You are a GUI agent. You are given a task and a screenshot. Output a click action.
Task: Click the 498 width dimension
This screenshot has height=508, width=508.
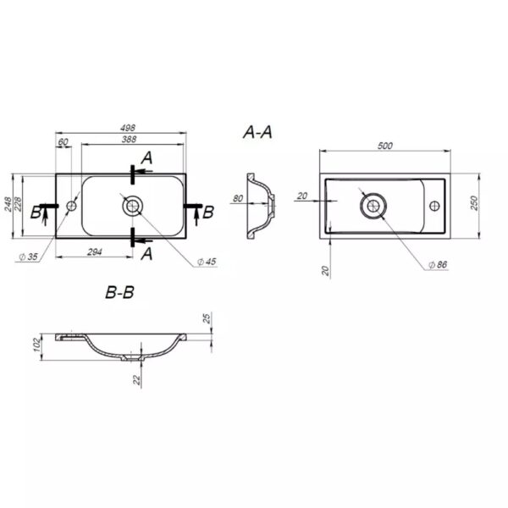pos(128,128)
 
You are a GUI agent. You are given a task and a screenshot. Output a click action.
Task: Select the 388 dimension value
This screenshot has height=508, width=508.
pos(129,140)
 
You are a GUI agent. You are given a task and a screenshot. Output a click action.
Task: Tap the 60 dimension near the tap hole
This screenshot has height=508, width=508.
pos(63,142)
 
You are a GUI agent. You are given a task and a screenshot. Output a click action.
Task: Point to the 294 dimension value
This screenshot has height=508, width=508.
pos(95,251)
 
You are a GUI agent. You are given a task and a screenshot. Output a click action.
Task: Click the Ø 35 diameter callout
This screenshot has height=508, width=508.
pos(28,257)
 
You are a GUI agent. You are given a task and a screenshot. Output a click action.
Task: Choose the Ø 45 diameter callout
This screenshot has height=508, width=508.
pos(207,262)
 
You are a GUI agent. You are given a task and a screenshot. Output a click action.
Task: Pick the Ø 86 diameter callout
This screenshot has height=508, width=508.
pos(438,265)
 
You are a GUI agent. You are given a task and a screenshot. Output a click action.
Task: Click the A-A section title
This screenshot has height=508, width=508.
pos(257,132)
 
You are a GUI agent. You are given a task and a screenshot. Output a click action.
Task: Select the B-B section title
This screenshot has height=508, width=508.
pos(119,292)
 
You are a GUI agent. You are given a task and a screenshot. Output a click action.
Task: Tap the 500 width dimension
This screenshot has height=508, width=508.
pos(385,146)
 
